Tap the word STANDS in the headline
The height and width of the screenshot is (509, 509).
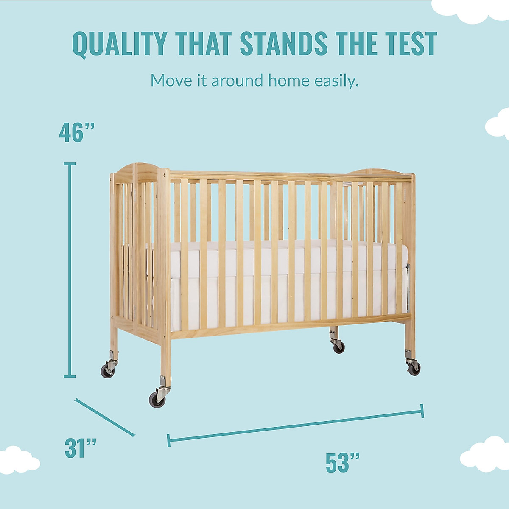click(283, 44)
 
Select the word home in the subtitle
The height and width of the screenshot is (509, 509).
click(288, 80)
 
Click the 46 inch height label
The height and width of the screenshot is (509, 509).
click(76, 132)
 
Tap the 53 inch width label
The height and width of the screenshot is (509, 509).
click(343, 463)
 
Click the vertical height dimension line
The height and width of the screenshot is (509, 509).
click(70, 270)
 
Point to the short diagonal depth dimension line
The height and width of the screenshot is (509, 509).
click(105, 417)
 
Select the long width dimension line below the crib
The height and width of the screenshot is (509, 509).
click(296, 425)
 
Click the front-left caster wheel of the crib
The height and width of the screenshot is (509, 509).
click(157, 399)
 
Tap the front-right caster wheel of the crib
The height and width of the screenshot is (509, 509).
click(413, 368)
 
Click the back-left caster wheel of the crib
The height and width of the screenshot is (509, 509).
click(108, 371)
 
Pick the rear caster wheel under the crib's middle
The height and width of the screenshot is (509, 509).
click(338, 347)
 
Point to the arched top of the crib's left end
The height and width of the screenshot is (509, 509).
click(136, 167)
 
